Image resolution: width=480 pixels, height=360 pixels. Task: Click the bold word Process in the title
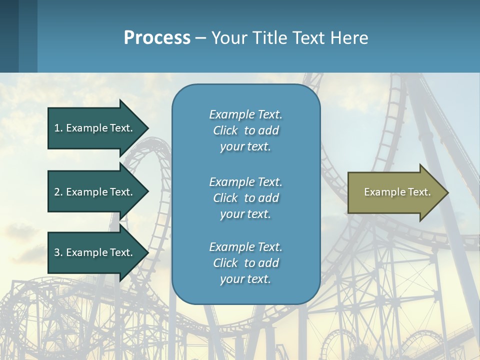tap(157, 38)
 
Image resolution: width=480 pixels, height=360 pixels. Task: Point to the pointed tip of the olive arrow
tap(446, 192)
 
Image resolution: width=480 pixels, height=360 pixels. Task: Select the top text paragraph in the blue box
tap(245, 130)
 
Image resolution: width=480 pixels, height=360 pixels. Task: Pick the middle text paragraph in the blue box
tap(245, 198)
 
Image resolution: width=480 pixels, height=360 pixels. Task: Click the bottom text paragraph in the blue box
tap(245, 263)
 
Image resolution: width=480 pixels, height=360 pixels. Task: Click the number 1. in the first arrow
tap(58, 128)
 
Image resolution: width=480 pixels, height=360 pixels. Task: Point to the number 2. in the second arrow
tap(58, 192)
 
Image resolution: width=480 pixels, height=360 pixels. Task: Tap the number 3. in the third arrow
tap(58, 252)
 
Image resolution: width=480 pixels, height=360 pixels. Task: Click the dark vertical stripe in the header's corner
tap(9, 36)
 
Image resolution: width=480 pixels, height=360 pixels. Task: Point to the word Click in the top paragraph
tap(225, 130)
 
